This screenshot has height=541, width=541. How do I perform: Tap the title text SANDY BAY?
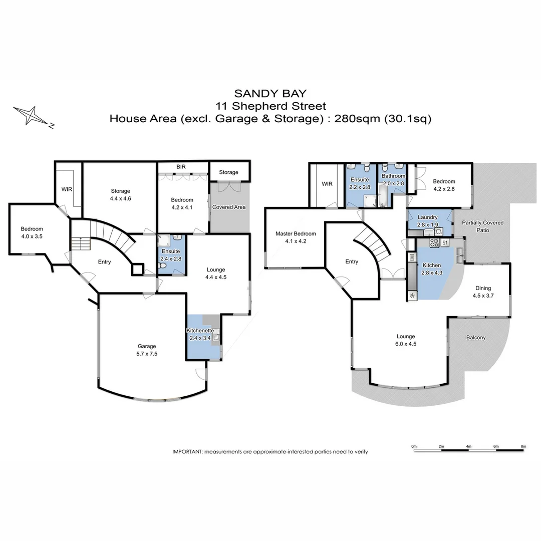click(270, 93)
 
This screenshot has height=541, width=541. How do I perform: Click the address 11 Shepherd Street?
click(270, 106)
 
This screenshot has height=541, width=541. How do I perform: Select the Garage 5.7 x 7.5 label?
click(147, 350)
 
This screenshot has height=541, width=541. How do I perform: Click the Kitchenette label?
click(200, 331)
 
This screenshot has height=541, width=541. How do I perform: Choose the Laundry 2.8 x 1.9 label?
click(428, 221)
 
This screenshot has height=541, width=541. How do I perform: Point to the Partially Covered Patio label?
click(482, 226)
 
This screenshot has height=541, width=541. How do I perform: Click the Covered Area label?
click(229, 207)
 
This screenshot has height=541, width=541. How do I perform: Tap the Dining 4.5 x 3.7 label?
click(483, 292)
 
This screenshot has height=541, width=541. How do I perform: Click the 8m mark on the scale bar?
click(523, 446)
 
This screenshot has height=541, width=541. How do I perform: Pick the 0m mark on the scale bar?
click(414, 446)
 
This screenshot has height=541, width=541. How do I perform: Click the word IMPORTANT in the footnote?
click(187, 451)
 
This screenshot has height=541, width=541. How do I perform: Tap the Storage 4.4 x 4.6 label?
click(120, 194)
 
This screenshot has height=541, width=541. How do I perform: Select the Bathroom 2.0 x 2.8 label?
click(393, 179)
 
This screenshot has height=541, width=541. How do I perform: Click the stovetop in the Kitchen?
click(434, 243)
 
